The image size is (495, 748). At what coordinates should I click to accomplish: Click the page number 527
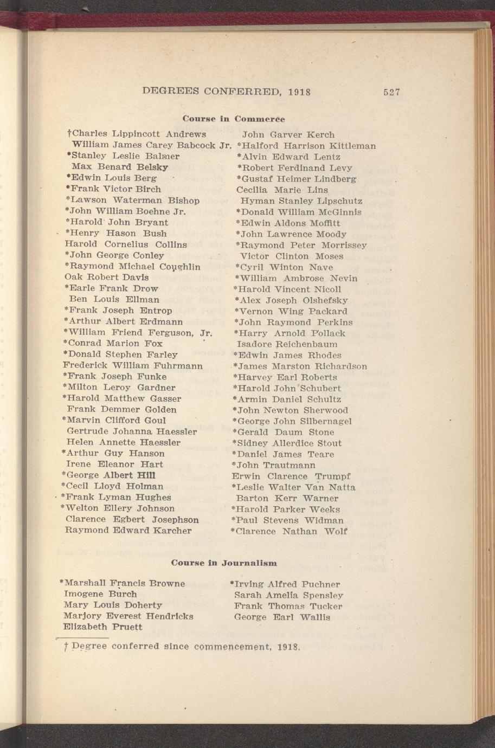tap(391, 92)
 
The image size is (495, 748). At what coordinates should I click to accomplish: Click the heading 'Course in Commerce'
tap(233, 118)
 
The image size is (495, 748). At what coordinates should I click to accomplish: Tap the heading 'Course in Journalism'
tap(224, 563)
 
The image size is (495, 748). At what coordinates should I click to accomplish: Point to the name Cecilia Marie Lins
tap(282, 190)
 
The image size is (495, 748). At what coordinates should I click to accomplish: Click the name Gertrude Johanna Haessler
tap(131, 431)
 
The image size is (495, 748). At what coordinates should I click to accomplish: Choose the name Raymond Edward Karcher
tap(128, 530)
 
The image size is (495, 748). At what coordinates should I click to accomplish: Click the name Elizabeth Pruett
tap(103, 627)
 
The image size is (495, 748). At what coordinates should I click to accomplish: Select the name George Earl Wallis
tap(281, 617)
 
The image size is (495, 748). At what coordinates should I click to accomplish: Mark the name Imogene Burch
tap(93, 594)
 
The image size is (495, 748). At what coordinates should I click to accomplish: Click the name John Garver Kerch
tap(288, 134)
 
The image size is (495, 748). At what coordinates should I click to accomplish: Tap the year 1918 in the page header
tap(299, 92)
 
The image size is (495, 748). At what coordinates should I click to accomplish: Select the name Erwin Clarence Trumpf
tap(291, 476)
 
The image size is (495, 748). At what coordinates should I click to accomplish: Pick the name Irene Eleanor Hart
tap(114, 465)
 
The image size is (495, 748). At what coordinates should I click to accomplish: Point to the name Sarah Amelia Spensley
tap(288, 595)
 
